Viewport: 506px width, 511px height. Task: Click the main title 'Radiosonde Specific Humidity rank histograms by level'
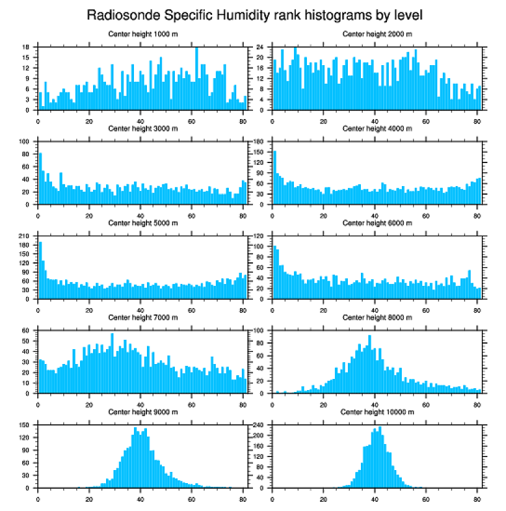coord(255,15)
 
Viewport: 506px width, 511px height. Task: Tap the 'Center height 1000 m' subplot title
coord(143,34)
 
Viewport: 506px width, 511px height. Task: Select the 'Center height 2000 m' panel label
coord(377,34)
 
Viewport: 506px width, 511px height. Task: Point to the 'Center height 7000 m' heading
coord(143,318)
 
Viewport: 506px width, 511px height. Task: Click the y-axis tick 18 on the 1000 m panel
coord(27,47)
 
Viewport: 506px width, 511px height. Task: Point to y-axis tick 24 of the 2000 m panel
coord(262,47)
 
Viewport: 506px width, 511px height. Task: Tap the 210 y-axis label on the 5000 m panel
coord(25,236)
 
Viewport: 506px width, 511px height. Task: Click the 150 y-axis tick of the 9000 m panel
coord(25,425)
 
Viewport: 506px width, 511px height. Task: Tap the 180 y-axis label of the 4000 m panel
coord(260,142)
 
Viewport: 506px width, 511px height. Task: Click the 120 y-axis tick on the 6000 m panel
coord(260,236)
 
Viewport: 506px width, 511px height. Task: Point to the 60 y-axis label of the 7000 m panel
coord(27,331)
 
